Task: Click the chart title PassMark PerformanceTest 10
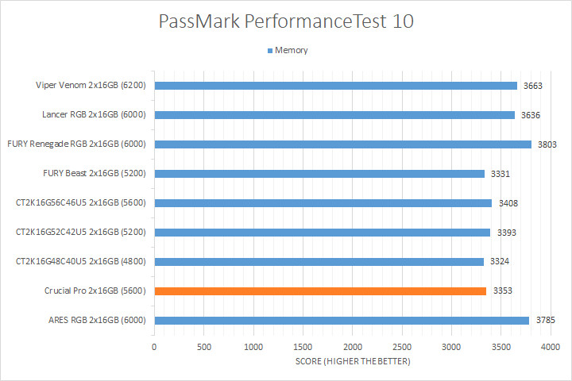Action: tap(286, 21)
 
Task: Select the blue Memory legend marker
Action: tap(269, 51)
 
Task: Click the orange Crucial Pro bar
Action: tap(320, 291)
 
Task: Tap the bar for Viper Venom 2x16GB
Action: tap(335, 86)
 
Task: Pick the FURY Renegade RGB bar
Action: tap(342, 144)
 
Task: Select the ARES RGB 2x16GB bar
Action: tap(342, 321)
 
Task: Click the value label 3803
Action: tap(547, 144)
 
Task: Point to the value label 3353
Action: tap(502, 291)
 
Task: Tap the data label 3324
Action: tap(500, 262)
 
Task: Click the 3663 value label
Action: tap(533, 86)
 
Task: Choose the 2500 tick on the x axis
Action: tap(402, 347)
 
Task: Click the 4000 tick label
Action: tap(551, 347)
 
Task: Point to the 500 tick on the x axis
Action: tap(204, 347)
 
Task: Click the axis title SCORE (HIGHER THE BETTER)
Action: tap(352, 362)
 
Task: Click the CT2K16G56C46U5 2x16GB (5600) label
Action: tap(83, 203)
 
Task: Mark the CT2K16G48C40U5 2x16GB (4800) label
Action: tap(83, 262)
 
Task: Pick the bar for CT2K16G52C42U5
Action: tap(322, 233)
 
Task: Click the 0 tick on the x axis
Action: tap(154, 347)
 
